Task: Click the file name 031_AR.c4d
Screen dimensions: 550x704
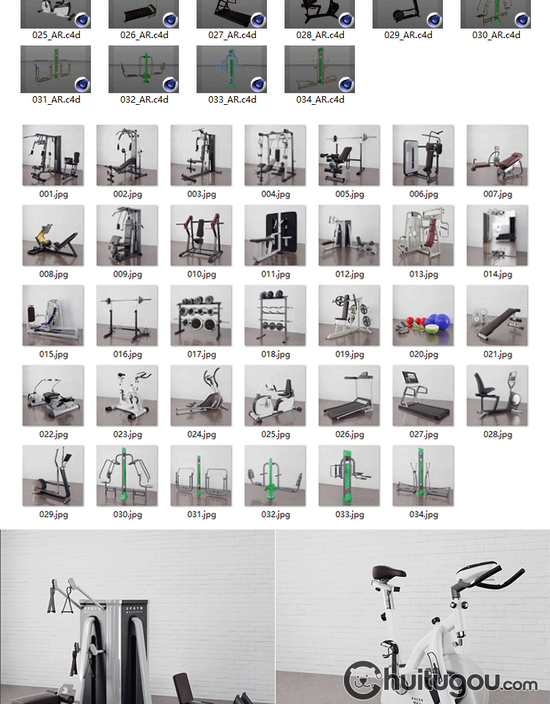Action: (56, 100)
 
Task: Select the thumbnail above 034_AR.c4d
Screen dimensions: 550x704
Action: (320, 69)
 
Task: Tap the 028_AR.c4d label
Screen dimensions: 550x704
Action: (320, 35)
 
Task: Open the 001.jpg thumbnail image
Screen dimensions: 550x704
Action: (53, 155)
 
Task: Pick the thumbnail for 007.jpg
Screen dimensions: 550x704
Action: (497, 155)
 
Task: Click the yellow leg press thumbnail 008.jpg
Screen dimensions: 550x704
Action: (53, 235)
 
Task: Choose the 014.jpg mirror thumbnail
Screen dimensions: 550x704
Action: (497, 235)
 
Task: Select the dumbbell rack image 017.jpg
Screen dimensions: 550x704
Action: (201, 315)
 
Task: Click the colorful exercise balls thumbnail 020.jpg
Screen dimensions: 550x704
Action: (423, 315)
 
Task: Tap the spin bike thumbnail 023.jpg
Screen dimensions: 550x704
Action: (127, 395)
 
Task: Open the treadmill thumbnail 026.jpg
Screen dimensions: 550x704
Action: (349, 395)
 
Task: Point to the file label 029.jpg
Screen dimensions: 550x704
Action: (54, 515)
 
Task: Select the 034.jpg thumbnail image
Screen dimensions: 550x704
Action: (423, 475)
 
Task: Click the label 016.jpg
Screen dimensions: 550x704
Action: (128, 354)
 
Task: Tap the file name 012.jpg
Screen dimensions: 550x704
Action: (350, 274)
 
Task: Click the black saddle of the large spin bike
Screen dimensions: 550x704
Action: (388, 573)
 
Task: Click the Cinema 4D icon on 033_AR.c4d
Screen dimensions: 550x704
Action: (257, 84)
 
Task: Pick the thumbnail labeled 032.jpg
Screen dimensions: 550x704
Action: (275, 475)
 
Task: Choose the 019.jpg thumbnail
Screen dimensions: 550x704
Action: (349, 315)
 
